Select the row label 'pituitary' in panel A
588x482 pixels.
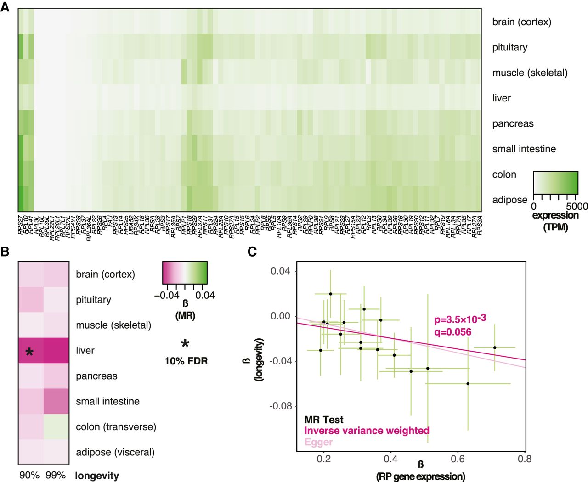(x=509, y=47)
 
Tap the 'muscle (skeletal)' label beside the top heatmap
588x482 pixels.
(x=530, y=73)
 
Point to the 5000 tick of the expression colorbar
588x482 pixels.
(x=577, y=207)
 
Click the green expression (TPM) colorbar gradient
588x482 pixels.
(x=555, y=182)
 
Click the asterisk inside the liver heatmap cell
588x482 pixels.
(x=29, y=352)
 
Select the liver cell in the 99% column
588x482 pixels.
(x=56, y=351)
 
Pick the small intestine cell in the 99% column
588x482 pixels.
(x=56, y=401)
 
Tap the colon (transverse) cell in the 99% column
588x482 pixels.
(x=56, y=427)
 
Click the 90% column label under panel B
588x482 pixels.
(x=29, y=475)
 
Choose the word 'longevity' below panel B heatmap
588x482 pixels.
(x=97, y=476)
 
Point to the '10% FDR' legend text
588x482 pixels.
(x=186, y=361)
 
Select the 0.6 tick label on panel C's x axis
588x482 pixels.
(x=458, y=459)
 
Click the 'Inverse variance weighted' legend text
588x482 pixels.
(x=367, y=431)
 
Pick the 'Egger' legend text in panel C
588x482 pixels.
(x=318, y=442)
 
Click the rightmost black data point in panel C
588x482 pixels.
(x=495, y=347)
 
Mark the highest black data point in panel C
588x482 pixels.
(x=330, y=294)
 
